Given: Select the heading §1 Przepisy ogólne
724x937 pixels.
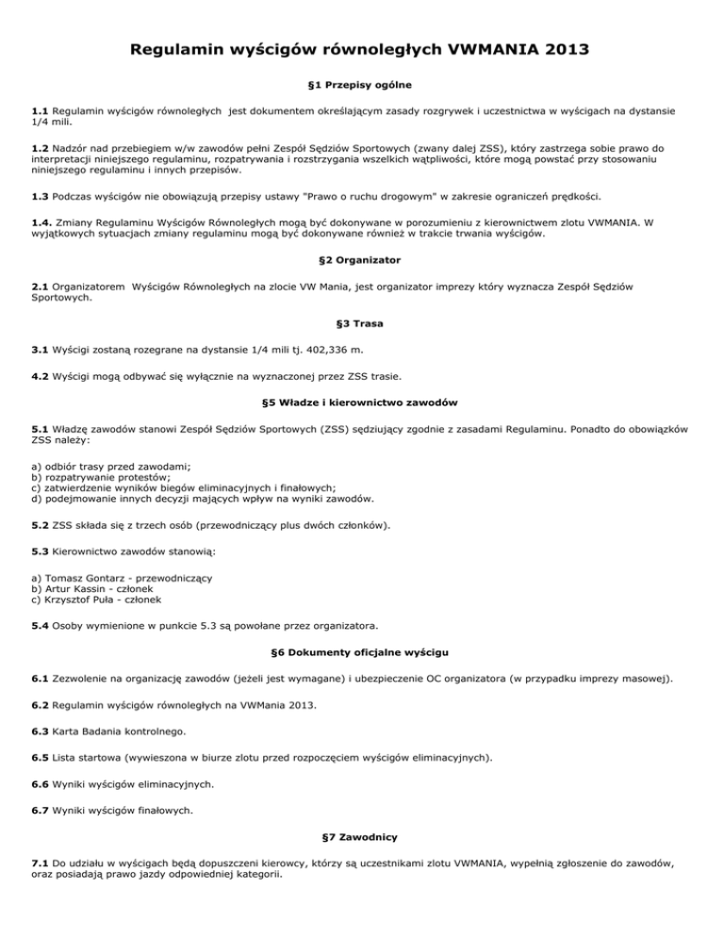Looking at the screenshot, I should (x=361, y=85).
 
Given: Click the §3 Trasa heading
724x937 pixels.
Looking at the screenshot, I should (x=361, y=322).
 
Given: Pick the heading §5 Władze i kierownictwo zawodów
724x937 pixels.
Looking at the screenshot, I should (x=361, y=403).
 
